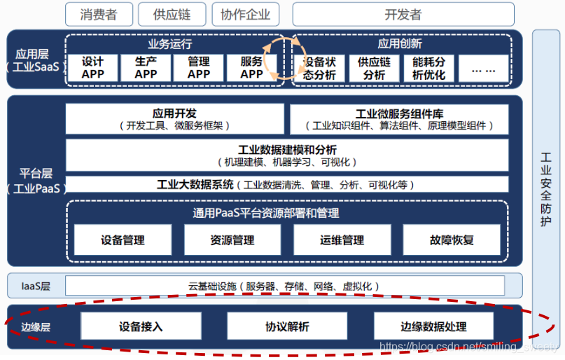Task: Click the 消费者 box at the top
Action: [98, 14]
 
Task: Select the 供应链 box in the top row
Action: [172, 14]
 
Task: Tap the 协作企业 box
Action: [245, 14]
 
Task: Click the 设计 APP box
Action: [92, 68]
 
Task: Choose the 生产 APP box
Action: [146, 68]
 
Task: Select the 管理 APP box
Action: [199, 68]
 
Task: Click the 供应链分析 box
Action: [374, 69]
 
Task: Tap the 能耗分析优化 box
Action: [428, 69]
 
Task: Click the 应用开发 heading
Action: [174, 113]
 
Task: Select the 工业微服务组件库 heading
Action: [399, 113]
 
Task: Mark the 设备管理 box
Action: [123, 240]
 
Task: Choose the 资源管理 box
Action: [232, 240]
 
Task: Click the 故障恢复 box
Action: [452, 240]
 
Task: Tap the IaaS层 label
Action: [36, 286]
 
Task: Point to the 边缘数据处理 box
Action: [433, 326]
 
